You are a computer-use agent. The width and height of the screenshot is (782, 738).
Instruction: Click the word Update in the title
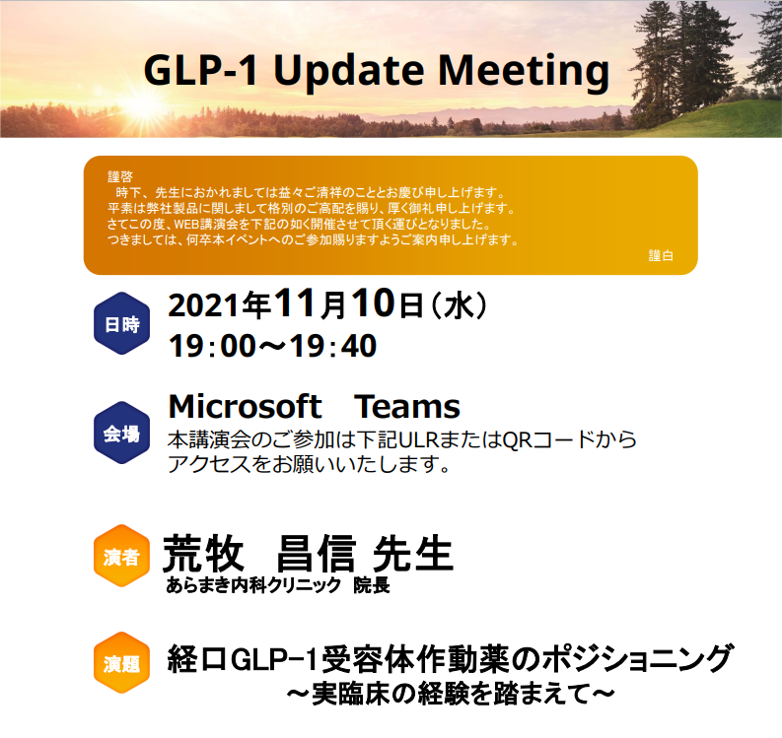click(349, 72)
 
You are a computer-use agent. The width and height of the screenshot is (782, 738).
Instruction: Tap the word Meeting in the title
click(524, 72)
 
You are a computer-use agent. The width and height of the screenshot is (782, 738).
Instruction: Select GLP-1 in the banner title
click(200, 70)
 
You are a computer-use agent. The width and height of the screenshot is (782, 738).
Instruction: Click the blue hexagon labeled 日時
click(121, 323)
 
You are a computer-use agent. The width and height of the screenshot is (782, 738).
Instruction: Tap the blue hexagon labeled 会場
click(121, 433)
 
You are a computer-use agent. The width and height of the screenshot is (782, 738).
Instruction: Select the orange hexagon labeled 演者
click(121, 556)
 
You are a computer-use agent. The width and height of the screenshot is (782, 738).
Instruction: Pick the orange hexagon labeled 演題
click(121, 663)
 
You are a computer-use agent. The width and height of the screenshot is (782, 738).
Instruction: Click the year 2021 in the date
click(204, 305)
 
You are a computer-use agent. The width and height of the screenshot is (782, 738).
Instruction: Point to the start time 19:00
click(212, 346)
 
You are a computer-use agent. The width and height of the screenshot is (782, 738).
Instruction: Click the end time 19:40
click(332, 346)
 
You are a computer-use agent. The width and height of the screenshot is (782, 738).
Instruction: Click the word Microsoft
click(245, 406)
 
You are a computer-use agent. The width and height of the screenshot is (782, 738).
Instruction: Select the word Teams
click(407, 407)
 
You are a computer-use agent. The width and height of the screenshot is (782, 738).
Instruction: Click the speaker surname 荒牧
click(203, 553)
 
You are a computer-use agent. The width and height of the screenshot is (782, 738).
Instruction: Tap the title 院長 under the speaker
click(372, 585)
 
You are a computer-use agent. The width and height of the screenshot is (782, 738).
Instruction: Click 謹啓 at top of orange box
click(120, 176)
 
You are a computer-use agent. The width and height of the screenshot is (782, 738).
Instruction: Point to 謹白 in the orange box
click(661, 255)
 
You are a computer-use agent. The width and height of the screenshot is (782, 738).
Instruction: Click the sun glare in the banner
click(145, 105)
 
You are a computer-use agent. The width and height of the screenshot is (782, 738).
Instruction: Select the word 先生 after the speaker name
click(413, 553)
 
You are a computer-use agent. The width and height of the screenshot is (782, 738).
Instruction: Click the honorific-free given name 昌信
click(317, 553)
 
